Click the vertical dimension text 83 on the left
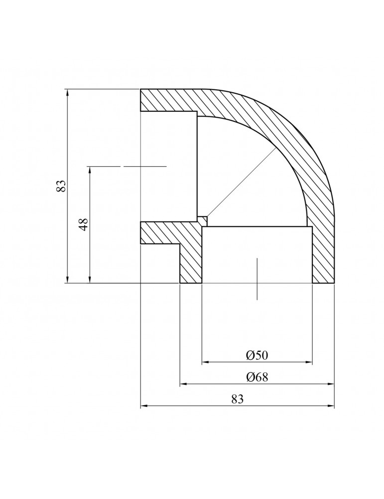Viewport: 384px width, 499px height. pos(61,187)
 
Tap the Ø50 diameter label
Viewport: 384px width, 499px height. pos(257,355)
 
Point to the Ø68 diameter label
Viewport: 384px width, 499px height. pos(257,377)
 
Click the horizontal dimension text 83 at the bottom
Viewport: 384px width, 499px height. pos(237,399)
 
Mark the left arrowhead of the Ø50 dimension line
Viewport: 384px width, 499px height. pos(205,362)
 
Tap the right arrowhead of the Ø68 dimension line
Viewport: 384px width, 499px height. pos(331,384)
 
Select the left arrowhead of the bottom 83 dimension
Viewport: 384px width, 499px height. pos(144,407)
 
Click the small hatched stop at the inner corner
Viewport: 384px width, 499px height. pos(202,221)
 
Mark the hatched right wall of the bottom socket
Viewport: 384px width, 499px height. pos(323,254)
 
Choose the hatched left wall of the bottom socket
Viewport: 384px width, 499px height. pos(191,259)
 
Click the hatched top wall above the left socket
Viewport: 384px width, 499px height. pos(169,100)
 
